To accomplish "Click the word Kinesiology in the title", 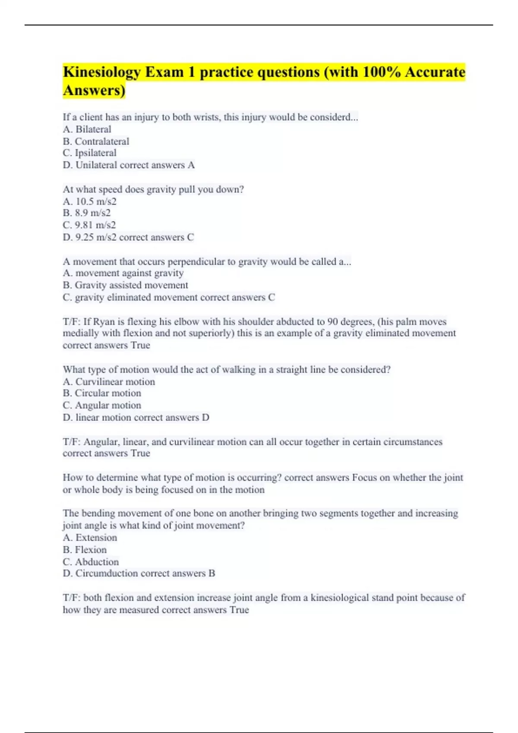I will tap(102, 72).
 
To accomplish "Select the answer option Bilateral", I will tap(93, 129).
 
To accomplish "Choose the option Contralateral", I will tap(102, 141).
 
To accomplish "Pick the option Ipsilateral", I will tap(95, 153).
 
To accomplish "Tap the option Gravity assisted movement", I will tap(131, 285).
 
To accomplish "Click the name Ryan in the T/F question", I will tap(103, 322).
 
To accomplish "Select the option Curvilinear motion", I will tap(115, 382).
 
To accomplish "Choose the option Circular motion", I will tap(108, 393).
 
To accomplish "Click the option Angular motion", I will tap(108, 405).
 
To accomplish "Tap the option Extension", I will tap(96, 538).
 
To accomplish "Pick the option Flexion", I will tap(91, 550).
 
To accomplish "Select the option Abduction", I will tap(97, 562).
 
